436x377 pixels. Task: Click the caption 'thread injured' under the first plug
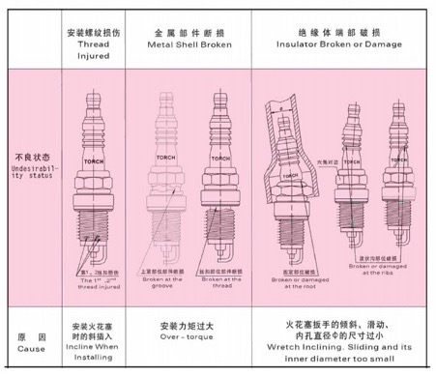pos(92,280)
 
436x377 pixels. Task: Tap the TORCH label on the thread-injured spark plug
pos(93,159)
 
